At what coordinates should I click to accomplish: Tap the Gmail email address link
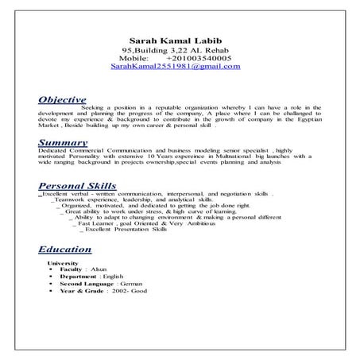176,68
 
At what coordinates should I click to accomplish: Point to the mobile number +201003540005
199,59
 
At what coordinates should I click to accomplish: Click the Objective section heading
62,101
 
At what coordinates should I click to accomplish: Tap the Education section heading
67,248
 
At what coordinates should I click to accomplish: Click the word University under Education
63,261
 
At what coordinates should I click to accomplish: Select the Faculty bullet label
72,269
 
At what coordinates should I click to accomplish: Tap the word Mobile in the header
134,59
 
